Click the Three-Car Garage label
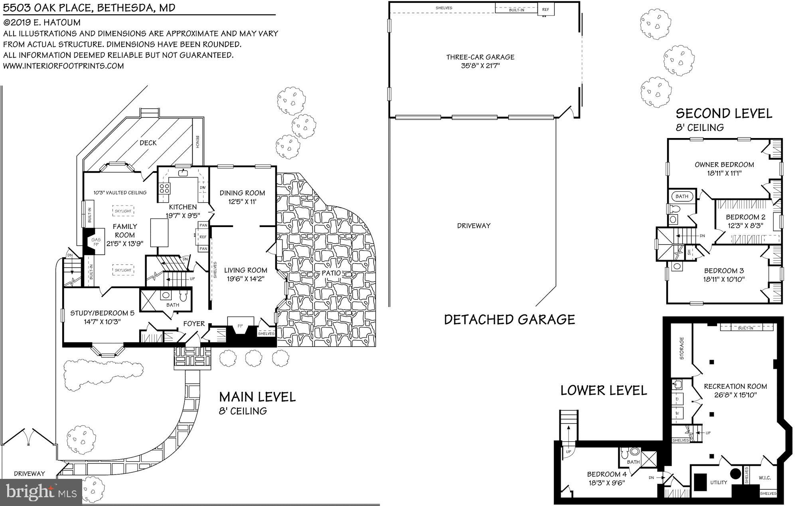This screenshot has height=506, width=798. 480,57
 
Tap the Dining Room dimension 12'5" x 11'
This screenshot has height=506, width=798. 242,202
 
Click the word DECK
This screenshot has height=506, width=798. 148,143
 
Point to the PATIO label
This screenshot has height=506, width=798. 332,273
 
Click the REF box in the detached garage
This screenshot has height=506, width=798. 545,10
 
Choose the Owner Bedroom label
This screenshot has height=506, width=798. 724,164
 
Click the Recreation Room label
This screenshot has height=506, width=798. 735,386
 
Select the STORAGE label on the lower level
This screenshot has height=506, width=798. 681,348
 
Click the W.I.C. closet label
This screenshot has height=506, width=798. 764,478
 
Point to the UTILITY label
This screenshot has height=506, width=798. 719,482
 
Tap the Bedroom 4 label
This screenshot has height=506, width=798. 606,474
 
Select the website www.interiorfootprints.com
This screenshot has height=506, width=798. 63,66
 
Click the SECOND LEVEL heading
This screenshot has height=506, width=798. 724,114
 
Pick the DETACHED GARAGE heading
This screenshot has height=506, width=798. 510,319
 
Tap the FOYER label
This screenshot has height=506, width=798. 194,324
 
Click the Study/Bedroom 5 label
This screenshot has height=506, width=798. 102,313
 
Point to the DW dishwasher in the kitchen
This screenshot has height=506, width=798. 203,188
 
